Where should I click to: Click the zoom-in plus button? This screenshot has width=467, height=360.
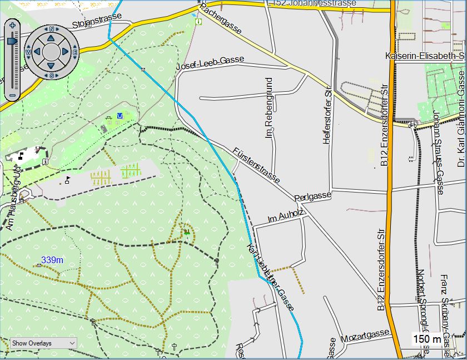12,25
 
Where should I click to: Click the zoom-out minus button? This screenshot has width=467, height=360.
12,95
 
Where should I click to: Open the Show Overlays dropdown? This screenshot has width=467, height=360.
43,343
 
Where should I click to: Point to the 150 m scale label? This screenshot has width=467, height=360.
427,339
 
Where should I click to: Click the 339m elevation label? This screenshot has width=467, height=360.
52,260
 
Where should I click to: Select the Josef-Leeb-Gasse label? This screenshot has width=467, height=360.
210,63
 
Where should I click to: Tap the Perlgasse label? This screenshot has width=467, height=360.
313,196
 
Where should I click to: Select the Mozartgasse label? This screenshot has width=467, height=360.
365,334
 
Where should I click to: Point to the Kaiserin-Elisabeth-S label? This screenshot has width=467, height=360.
425,56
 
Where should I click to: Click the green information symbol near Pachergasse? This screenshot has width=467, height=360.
198,23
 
